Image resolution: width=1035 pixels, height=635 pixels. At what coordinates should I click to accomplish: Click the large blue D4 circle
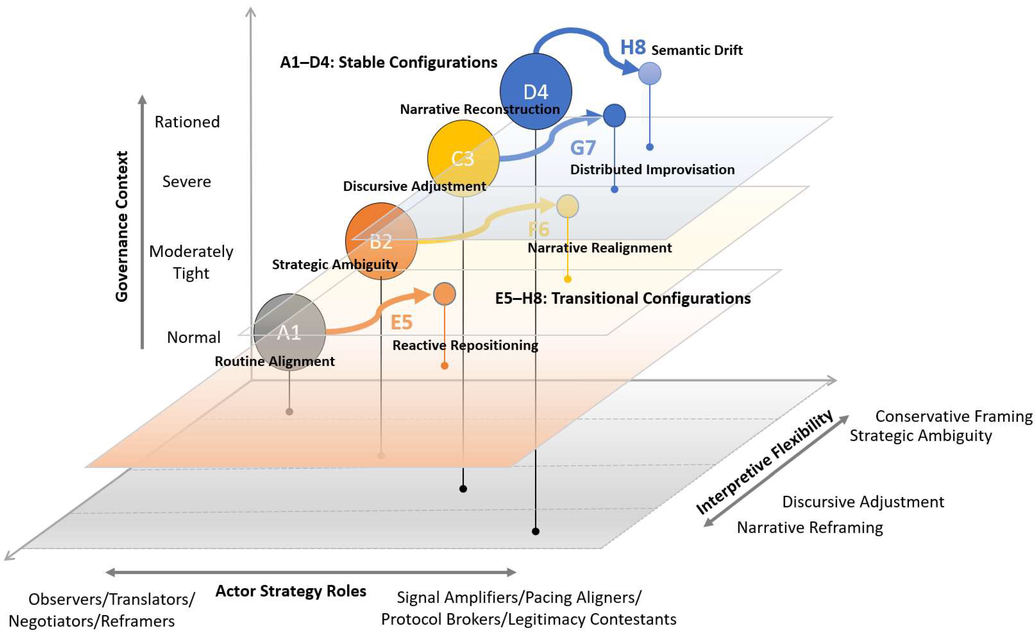tap(536, 91)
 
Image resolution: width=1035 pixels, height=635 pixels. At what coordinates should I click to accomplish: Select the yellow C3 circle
tap(463, 158)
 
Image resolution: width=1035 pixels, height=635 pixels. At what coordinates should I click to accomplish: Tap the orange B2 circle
tap(381, 241)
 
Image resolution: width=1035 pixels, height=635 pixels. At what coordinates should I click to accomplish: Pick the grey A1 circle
tap(289, 332)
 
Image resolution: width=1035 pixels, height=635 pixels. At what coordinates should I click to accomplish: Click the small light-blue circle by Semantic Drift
tap(650, 74)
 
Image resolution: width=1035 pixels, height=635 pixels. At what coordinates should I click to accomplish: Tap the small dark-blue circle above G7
tap(614, 115)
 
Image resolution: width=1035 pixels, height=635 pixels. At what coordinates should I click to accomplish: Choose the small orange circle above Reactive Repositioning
tap(444, 293)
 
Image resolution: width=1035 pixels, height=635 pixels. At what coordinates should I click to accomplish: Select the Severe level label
tap(187, 182)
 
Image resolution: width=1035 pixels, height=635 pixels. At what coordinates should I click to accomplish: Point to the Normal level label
tap(194, 337)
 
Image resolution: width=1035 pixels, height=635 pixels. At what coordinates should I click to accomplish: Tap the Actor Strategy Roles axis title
tap(291, 591)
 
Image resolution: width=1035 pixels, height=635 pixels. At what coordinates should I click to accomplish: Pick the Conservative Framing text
tap(953, 416)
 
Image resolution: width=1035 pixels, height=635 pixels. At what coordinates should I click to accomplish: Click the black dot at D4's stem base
tap(536, 531)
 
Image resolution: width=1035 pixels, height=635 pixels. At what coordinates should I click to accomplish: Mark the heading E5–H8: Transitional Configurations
tap(622, 298)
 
